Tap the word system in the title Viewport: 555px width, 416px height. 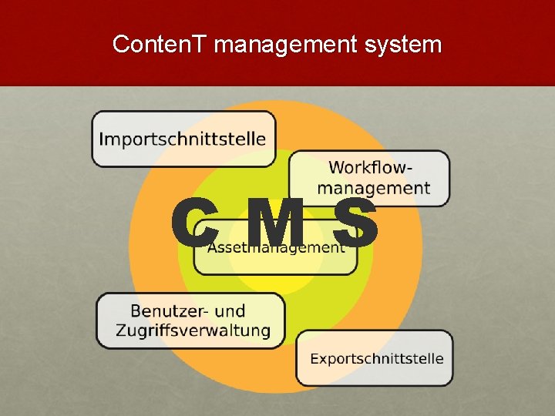pos(404,45)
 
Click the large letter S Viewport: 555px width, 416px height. pos(357,223)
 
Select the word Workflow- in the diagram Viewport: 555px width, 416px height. pos(370,167)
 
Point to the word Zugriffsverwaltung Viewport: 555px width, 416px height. pos(193,330)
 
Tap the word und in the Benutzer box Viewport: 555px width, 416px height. pos(230,311)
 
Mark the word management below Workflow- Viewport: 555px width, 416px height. pos(374,188)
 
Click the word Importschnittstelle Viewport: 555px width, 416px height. pos(183,139)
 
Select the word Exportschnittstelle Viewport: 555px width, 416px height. pos(377,358)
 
